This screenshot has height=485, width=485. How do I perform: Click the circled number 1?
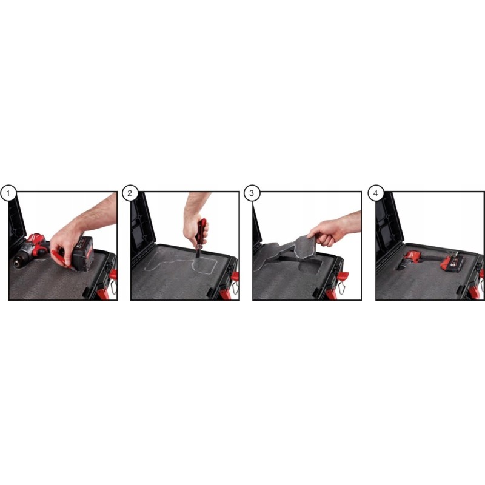(8, 193)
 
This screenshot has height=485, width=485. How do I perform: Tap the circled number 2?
(130, 193)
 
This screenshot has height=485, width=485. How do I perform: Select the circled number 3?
(252, 193)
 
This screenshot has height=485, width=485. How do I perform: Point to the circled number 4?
(375, 193)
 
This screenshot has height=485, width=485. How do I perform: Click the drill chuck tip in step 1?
(16, 263)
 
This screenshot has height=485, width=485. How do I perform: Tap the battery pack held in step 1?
(83, 253)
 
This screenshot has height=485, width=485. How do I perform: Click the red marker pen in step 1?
(61, 259)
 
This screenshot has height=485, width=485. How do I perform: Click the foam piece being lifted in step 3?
(305, 247)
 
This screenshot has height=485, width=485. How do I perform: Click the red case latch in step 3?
(343, 275)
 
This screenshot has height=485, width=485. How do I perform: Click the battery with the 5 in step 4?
(452, 263)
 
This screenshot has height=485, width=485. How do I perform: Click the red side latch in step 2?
(235, 276)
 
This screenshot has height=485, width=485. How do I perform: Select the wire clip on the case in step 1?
(113, 287)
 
